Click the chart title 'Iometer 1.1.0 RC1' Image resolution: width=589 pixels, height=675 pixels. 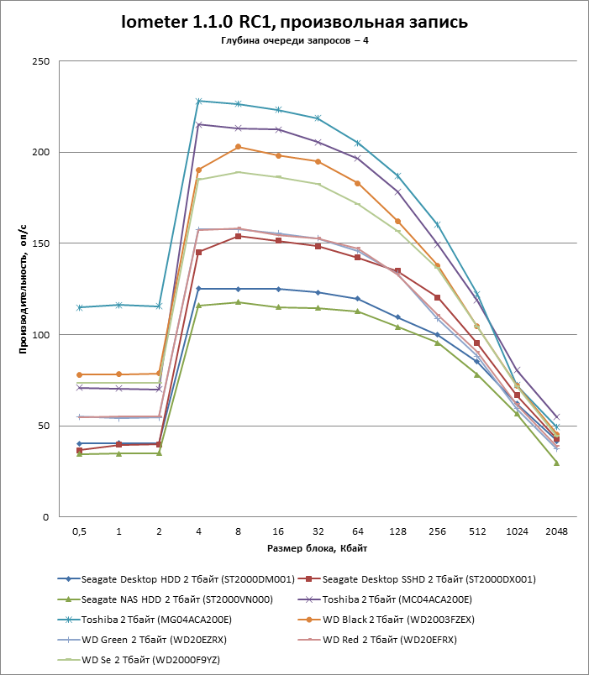pyautogui.click(x=293, y=22)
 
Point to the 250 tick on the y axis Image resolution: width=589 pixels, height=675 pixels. pyautogui.click(x=39, y=61)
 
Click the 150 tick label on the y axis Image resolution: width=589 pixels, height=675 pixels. pyautogui.click(x=39, y=243)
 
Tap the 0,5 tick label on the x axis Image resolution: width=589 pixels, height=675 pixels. pyautogui.click(x=79, y=531)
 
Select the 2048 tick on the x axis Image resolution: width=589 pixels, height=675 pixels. pyautogui.click(x=556, y=531)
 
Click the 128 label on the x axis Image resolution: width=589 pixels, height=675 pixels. pyautogui.click(x=397, y=531)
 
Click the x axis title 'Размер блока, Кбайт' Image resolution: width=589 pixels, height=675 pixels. pyautogui.click(x=317, y=548)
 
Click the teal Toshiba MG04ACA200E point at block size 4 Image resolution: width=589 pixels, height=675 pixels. pyautogui.click(x=199, y=101)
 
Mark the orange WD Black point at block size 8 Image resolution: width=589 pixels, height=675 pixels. pyautogui.click(x=239, y=147)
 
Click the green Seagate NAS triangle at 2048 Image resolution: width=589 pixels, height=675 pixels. pyautogui.click(x=556, y=463)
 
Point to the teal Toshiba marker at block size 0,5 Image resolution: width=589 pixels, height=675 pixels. pyautogui.click(x=80, y=307)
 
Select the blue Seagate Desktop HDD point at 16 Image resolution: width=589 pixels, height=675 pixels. pyautogui.click(x=278, y=289)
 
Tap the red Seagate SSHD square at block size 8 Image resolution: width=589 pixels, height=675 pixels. pyautogui.click(x=239, y=236)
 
